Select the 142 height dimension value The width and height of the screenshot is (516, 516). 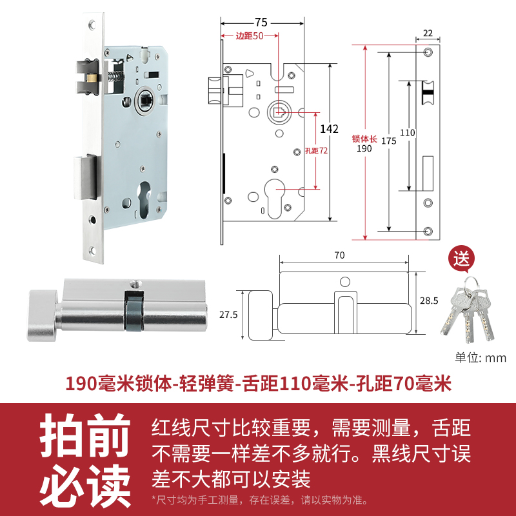pos(329,129)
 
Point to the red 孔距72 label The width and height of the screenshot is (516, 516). pos(315,151)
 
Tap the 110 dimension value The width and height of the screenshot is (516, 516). pos(408,133)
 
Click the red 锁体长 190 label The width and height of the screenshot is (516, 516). pos(364,143)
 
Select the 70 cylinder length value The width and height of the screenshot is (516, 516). pos(340,255)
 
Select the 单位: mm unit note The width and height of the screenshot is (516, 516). pos(481,358)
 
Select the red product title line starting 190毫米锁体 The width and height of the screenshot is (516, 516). pos(258,384)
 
